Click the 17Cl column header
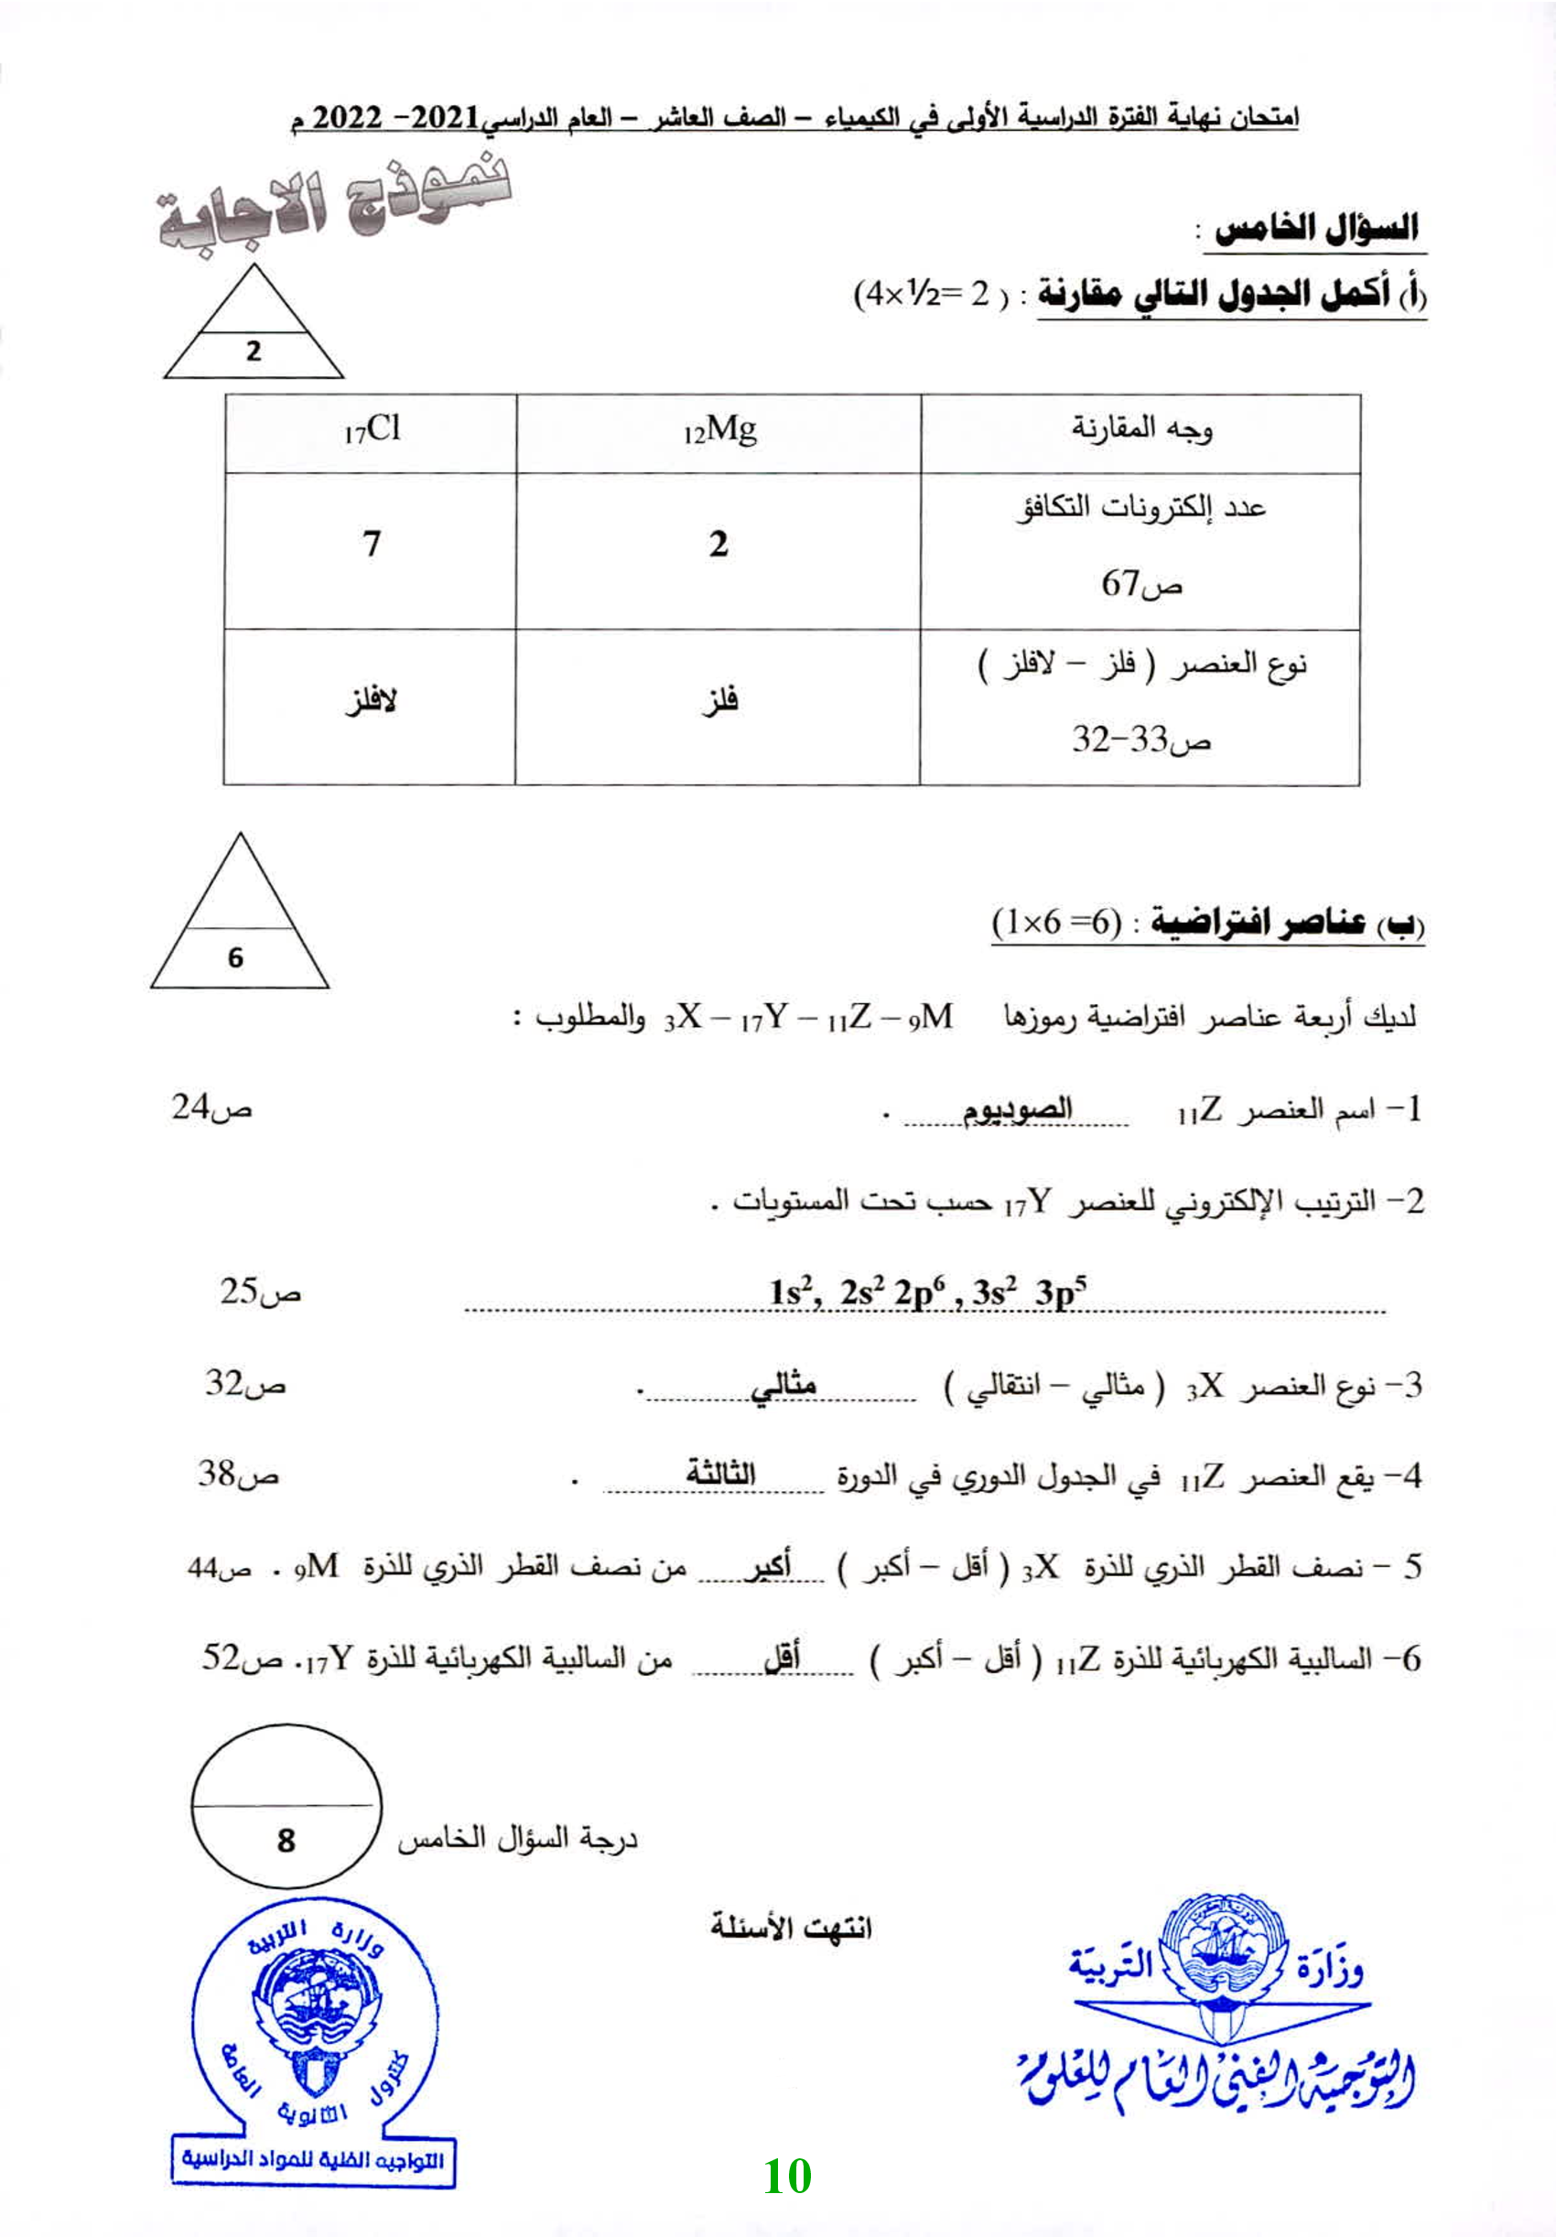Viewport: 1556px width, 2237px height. (372, 429)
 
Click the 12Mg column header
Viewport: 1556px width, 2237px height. (719, 429)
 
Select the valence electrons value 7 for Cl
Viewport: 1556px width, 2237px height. (372, 544)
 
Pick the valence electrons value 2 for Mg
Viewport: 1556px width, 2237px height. (719, 544)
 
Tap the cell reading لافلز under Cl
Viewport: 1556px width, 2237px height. (371, 700)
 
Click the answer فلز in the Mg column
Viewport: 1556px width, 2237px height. (720, 700)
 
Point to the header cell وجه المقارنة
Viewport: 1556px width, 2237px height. (1142, 428)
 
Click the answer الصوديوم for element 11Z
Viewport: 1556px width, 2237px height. (1017, 1109)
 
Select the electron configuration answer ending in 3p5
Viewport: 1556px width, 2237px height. (926, 1291)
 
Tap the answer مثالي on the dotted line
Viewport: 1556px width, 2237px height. (783, 1385)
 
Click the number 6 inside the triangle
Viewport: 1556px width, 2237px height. (236, 957)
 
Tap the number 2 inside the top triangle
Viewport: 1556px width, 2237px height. (254, 351)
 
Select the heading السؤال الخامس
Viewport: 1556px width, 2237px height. (1314, 229)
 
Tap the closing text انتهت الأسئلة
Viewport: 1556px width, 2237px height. (790, 1926)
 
